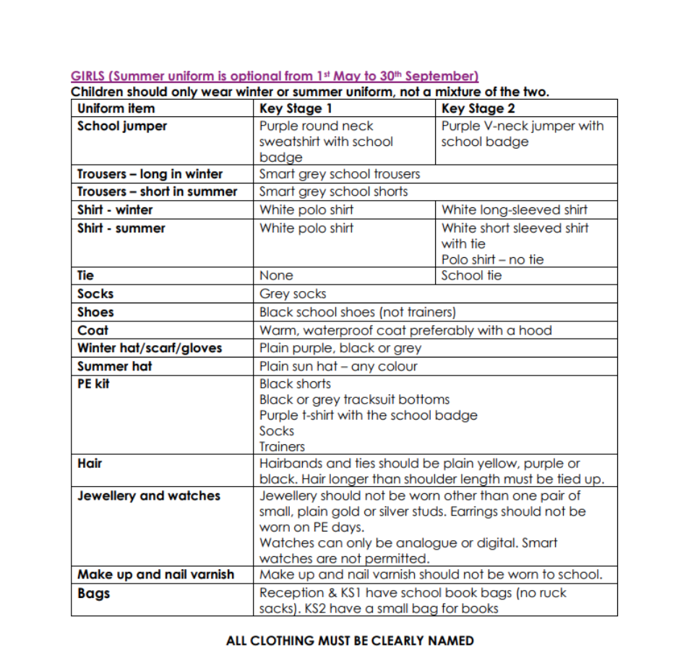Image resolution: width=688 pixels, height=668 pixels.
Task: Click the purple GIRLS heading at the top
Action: point(275,76)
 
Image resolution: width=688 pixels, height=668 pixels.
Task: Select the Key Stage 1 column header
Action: point(296,109)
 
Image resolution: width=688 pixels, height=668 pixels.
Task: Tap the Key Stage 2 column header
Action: point(478,109)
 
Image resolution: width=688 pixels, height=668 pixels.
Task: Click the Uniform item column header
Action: point(116,109)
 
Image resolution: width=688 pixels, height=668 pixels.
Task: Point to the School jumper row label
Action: point(122,126)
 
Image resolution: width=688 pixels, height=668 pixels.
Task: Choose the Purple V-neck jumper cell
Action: point(522,134)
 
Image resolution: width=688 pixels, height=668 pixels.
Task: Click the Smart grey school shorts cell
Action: point(333,192)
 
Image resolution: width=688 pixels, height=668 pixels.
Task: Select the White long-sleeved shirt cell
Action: point(514,210)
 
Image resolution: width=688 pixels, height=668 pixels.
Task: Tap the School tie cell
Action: point(471,276)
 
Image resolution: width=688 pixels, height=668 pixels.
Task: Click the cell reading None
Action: point(276,276)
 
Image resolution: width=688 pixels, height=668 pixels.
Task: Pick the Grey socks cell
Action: point(293,294)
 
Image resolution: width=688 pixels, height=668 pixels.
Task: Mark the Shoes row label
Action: point(95,313)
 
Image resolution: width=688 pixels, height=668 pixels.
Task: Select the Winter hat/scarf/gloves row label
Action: point(150,348)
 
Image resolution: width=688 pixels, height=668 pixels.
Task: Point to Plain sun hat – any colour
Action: point(338,366)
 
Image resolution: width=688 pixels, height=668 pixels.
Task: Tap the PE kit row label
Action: point(93,384)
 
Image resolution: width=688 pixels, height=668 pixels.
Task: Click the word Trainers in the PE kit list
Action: point(282,447)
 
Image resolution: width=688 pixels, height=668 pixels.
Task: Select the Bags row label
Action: point(94,594)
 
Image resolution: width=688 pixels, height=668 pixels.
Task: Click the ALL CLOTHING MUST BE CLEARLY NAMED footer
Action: point(350,641)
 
